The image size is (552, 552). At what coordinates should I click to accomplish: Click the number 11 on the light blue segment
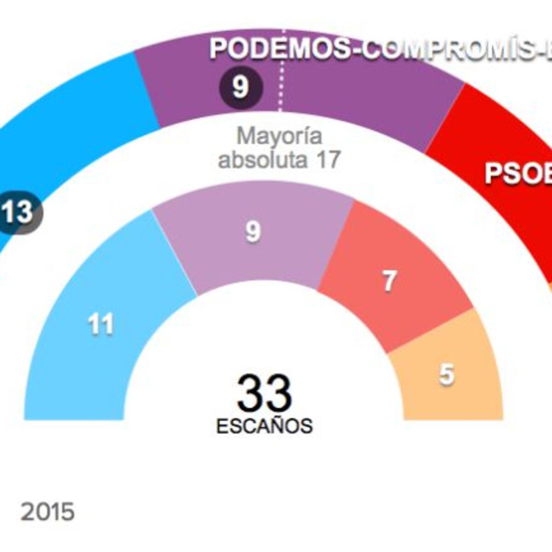tap(101, 325)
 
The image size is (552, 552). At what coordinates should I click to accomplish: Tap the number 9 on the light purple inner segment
tap(253, 231)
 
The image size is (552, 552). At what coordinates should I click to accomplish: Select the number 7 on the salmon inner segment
tap(389, 281)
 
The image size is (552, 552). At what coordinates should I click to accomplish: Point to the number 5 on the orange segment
tap(446, 374)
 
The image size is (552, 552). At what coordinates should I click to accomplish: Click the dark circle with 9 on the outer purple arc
tap(241, 87)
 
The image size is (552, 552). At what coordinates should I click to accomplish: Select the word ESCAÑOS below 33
tap(264, 426)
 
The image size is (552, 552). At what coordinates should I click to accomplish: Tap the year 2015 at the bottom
tap(47, 512)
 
